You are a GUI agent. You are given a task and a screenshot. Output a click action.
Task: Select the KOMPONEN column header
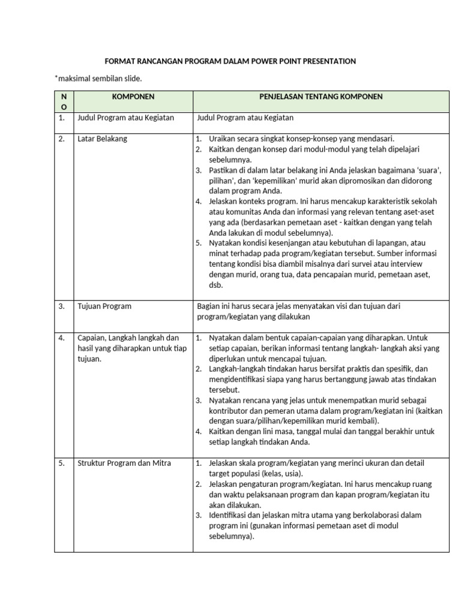[x=133, y=97]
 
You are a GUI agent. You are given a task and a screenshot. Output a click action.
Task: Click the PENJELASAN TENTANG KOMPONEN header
[x=321, y=97]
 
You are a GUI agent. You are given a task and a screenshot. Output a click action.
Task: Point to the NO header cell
[x=64, y=101]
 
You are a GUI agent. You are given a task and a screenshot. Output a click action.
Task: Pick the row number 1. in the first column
[x=62, y=118]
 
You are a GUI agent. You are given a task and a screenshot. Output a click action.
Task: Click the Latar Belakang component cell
[x=102, y=139]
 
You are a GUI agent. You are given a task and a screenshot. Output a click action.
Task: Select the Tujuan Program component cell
[x=104, y=306]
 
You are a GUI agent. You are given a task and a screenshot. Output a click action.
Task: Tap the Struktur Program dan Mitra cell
[x=124, y=463]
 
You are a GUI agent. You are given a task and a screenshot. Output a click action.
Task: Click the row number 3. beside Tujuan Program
[x=62, y=306]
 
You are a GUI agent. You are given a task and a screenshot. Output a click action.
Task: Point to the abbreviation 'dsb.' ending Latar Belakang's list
[x=215, y=285]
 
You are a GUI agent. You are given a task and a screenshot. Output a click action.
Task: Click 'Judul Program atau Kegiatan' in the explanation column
[x=246, y=118]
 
